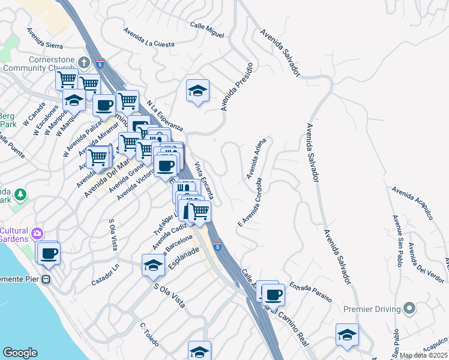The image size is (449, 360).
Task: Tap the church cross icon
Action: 83,61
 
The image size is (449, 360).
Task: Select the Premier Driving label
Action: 372,309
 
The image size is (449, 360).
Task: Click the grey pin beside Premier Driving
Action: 410,309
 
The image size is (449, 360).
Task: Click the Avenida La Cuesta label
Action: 148,37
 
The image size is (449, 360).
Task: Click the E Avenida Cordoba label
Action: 250,201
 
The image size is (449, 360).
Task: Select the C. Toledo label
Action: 149,335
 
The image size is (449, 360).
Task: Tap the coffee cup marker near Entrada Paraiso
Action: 273,294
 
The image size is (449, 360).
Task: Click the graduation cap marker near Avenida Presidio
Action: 197,91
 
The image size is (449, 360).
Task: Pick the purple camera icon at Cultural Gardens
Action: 38,233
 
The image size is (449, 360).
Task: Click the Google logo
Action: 20,353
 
